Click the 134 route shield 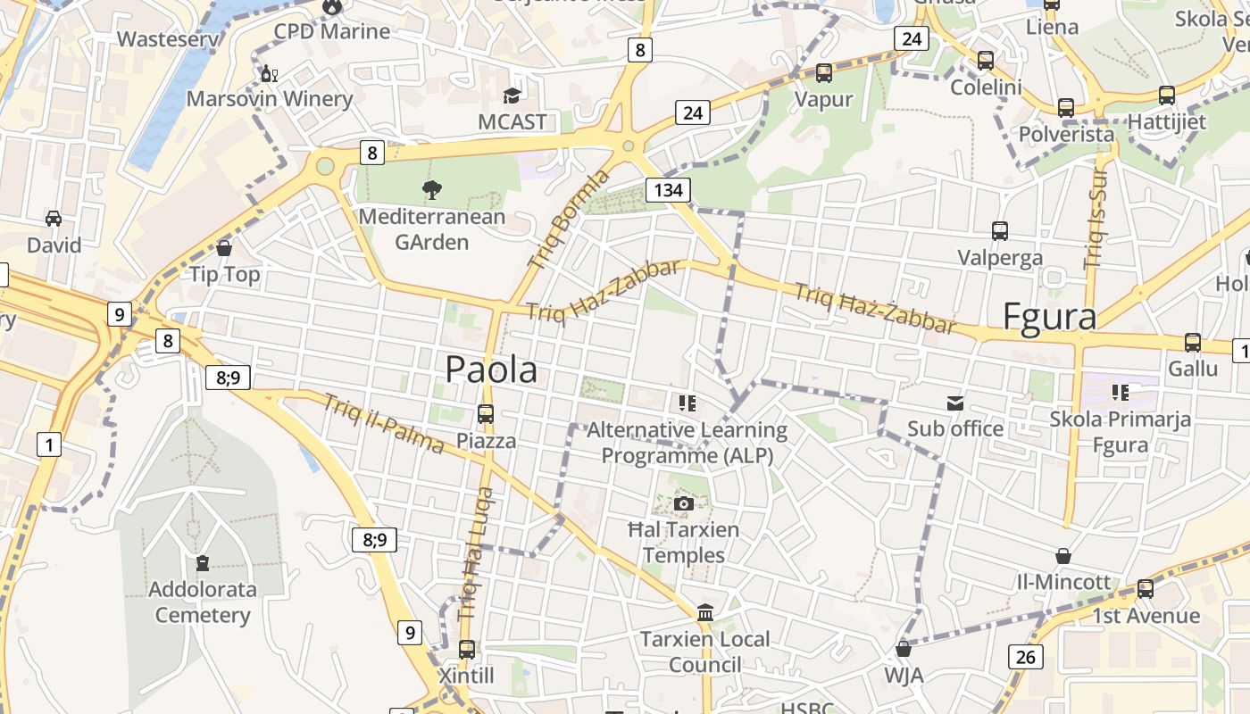click(x=668, y=189)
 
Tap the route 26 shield click(x=1026, y=658)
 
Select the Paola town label click(x=491, y=369)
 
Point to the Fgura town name click(x=1049, y=317)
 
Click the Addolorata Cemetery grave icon click(x=203, y=563)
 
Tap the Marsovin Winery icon click(x=268, y=73)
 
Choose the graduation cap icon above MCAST click(x=512, y=95)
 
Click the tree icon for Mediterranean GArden click(x=432, y=189)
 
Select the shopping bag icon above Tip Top click(x=224, y=248)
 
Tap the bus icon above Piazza click(x=486, y=414)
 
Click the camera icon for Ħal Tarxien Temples click(x=684, y=503)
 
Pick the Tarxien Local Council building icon click(x=705, y=612)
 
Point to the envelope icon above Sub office click(x=955, y=403)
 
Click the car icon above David click(x=54, y=219)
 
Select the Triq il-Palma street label click(x=384, y=423)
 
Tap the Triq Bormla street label click(x=568, y=219)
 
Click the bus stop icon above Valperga click(x=1000, y=231)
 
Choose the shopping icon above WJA click(x=903, y=649)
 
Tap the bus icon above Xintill click(x=466, y=650)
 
